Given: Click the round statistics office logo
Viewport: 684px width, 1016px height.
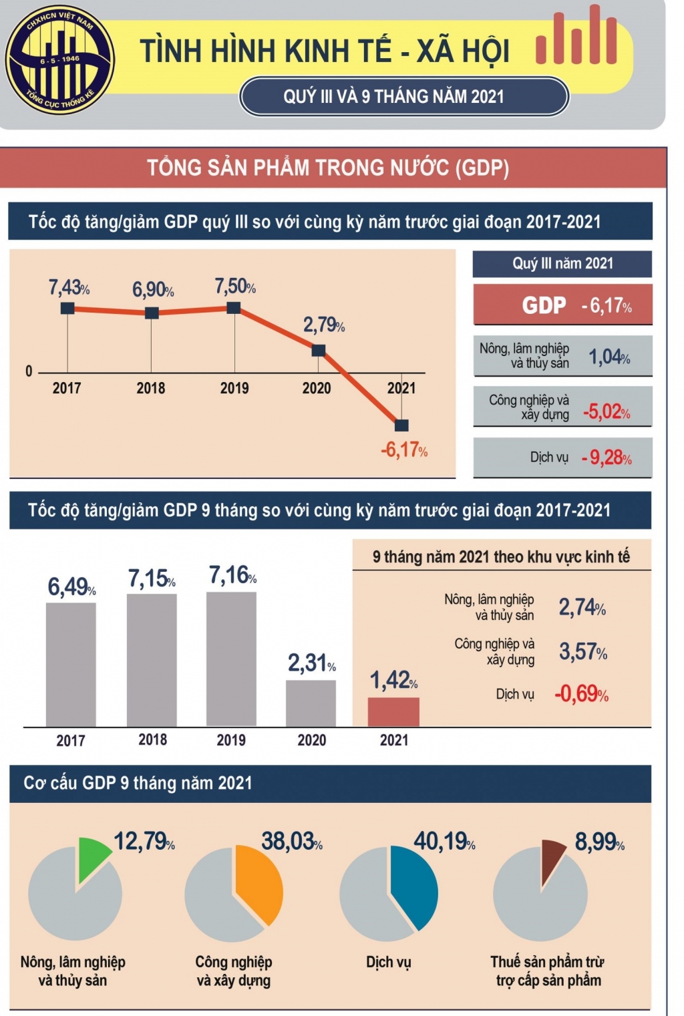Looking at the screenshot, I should [x=59, y=60].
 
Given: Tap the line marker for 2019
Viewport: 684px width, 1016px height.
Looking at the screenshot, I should [x=234, y=308].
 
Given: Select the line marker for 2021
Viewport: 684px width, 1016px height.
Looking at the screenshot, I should [x=401, y=426].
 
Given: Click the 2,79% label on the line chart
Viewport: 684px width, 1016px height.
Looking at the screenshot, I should [x=324, y=325].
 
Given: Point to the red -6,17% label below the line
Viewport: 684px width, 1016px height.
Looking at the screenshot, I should [x=404, y=450].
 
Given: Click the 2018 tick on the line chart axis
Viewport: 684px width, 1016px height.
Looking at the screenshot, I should [x=151, y=388].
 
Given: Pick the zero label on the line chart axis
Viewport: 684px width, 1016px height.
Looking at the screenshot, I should [x=29, y=371].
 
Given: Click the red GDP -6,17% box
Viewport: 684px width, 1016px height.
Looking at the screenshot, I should [x=562, y=305].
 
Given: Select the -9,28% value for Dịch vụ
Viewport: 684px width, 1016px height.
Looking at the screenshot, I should [x=607, y=458].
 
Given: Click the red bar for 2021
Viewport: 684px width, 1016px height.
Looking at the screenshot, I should [x=393, y=712].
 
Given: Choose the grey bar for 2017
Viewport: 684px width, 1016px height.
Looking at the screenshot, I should [x=71, y=664].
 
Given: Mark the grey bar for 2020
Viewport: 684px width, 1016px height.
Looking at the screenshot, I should [x=311, y=703].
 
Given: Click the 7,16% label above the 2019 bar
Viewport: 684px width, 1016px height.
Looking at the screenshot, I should [x=232, y=575].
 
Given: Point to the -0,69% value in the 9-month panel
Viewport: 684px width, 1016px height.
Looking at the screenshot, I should [x=581, y=694].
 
